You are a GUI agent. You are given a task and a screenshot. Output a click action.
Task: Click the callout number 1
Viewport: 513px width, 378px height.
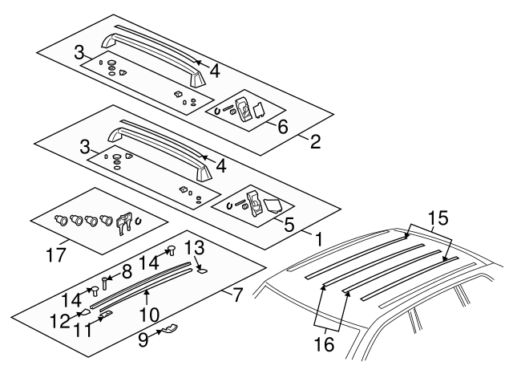319,238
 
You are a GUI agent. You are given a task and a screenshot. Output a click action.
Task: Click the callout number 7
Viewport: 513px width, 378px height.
236,295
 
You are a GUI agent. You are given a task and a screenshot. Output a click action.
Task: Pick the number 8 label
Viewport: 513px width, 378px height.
126,271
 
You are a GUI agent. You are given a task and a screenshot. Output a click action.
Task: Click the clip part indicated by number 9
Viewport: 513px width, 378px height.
168,328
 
